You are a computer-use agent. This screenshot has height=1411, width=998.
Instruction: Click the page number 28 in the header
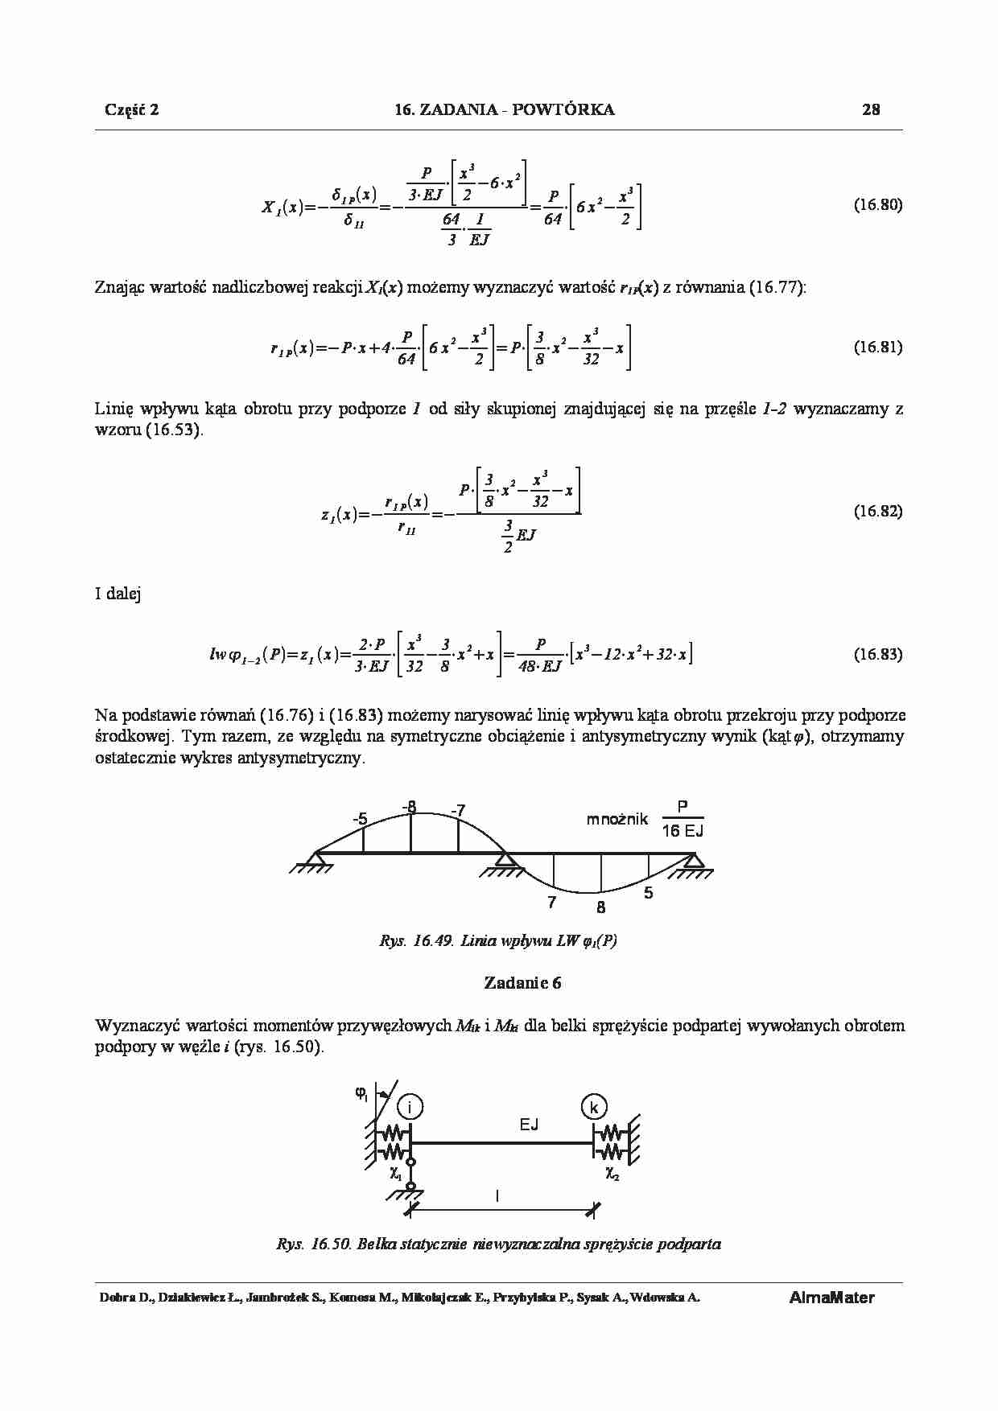[x=871, y=110]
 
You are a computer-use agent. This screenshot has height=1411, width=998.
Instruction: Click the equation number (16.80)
[x=877, y=204]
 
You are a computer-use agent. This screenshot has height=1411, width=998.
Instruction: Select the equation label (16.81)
[x=877, y=348]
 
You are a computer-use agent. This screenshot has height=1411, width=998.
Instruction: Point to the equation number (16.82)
[x=877, y=511]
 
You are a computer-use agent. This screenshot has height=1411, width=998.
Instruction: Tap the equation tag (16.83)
[x=877, y=654]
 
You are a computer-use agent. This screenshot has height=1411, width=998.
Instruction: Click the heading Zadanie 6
[x=522, y=982]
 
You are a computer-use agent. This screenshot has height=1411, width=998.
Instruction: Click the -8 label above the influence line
[x=410, y=806]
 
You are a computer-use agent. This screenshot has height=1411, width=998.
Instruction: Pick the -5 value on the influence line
[x=360, y=819]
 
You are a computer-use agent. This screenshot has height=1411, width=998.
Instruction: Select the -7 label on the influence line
[x=458, y=810]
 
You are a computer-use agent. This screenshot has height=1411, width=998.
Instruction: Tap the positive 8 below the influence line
[x=600, y=907]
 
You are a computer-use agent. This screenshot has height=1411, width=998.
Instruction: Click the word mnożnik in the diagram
[x=617, y=820]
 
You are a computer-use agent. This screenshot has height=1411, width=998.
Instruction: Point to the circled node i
[x=410, y=1108]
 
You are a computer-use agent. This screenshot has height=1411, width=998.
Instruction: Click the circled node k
[x=593, y=1108]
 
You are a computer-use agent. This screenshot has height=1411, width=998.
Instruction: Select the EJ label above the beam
[x=529, y=1125]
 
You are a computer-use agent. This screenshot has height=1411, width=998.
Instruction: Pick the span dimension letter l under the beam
[x=497, y=1196]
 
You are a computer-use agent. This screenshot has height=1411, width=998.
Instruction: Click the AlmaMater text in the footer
[x=831, y=1298]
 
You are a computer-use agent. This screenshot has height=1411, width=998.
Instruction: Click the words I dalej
[x=118, y=594]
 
